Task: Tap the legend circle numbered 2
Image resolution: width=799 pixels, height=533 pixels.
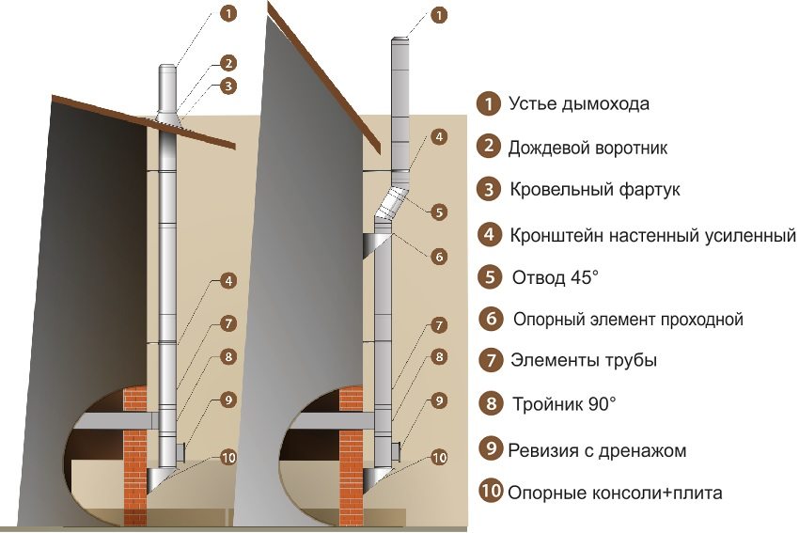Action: click(x=488, y=146)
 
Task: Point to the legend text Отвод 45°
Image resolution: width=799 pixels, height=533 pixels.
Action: click(x=556, y=277)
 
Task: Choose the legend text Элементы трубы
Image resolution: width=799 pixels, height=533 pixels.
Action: click(x=583, y=360)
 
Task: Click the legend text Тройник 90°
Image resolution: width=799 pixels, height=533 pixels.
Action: click(x=564, y=404)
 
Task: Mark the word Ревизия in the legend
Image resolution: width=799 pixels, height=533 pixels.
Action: click(x=542, y=449)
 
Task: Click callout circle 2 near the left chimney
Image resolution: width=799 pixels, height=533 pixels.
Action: click(x=227, y=64)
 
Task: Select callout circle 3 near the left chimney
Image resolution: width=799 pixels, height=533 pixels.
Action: click(x=227, y=86)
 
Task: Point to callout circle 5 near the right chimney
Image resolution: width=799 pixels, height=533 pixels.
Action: click(x=439, y=212)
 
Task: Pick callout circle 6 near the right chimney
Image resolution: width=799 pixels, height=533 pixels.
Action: click(x=439, y=256)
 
